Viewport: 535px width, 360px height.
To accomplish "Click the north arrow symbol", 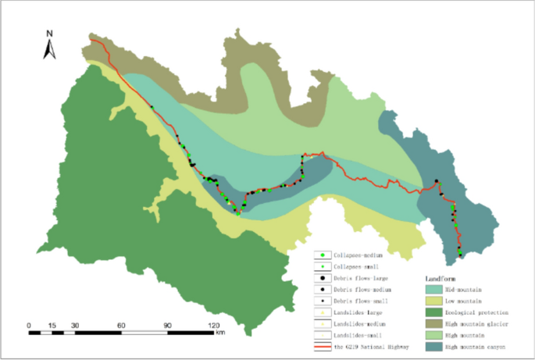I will point(48,51).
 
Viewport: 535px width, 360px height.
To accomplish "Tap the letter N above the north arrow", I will point(49,34).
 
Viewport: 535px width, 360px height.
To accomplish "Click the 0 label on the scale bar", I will point(29,324).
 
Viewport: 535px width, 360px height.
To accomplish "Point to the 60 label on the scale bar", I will point(121,324).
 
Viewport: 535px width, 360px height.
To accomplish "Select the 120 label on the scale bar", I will point(212,324).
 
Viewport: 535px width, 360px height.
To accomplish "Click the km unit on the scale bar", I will point(221,333).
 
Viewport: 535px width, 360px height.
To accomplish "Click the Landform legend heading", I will point(441,278).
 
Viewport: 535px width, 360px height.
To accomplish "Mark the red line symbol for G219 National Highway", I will point(321,346).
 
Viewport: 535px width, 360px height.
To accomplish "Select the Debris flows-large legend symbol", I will point(321,279).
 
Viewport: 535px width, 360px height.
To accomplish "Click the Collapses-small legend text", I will point(356,267).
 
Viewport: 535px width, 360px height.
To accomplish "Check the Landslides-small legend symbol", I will point(321,335).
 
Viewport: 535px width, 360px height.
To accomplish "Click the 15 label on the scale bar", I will point(52,324).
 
